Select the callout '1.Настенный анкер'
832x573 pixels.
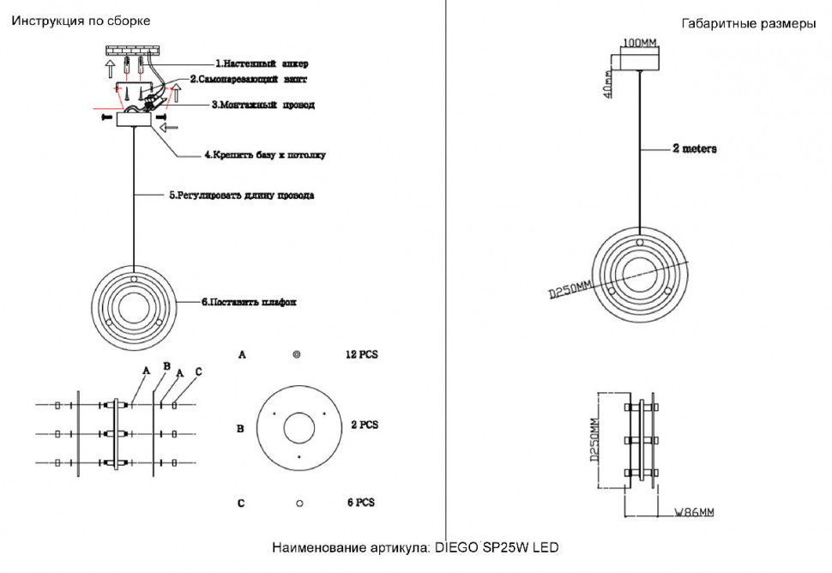(x=261, y=63)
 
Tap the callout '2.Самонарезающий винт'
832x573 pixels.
(x=248, y=79)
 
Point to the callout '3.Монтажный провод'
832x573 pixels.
(x=263, y=106)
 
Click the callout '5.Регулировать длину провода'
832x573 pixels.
(x=241, y=195)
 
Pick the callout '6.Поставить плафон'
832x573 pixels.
(x=249, y=302)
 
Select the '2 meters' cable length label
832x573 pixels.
(x=695, y=148)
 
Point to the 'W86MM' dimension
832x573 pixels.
(x=693, y=513)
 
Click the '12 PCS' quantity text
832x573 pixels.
(x=361, y=353)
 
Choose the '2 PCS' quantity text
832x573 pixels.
(x=365, y=425)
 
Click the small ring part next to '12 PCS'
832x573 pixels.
(x=297, y=354)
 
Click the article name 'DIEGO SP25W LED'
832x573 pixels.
(x=497, y=547)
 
